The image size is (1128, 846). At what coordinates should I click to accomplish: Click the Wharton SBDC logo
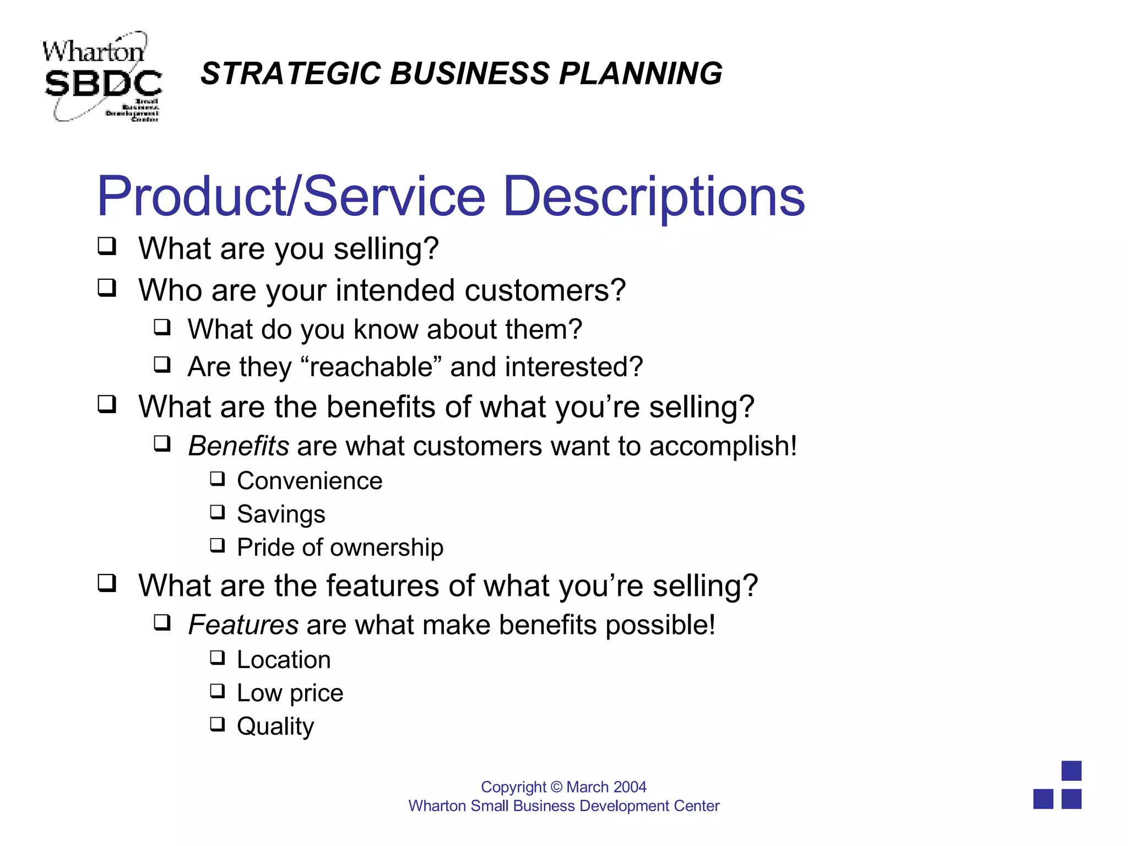click(102, 77)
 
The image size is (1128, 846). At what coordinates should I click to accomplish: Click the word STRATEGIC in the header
click(291, 73)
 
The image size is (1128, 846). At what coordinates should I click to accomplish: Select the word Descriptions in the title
click(654, 197)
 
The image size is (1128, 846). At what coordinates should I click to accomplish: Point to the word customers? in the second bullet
click(545, 290)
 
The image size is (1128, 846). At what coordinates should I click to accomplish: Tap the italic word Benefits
click(238, 446)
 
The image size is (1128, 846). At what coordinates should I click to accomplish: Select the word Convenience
click(310, 481)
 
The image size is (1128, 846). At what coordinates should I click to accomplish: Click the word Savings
click(281, 514)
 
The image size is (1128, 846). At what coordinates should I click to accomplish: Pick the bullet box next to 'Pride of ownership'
click(218, 545)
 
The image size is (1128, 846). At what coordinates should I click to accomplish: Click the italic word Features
click(243, 625)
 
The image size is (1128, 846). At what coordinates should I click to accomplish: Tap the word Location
click(284, 660)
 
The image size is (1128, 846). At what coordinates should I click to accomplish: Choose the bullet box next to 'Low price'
click(218, 691)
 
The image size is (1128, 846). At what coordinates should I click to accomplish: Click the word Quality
click(275, 726)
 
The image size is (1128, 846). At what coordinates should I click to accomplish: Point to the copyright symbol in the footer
click(556, 787)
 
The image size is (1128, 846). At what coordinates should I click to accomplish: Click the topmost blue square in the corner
click(1071, 771)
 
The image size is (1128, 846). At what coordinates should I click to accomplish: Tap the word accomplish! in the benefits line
click(723, 446)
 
